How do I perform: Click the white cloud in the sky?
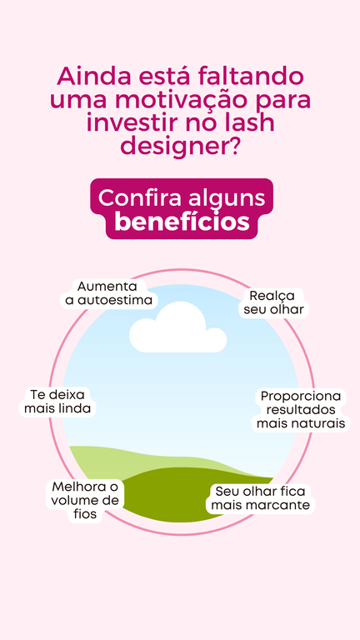[x=178, y=328]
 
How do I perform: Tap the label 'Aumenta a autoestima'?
[x=108, y=293]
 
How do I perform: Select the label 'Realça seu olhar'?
[x=274, y=302]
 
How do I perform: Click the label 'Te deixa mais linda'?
[x=57, y=402]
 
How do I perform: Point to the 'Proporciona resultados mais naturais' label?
[x=301, y=410]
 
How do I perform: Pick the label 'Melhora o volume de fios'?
[x=85, y=500]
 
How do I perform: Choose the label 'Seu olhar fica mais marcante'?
[x=260, y=498]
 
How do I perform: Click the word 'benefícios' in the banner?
[x=182, y=222]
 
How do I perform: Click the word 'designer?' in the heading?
[x=180, y=145]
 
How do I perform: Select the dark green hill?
[x=192, y=494]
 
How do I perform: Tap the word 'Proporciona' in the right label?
[x=301, y=396]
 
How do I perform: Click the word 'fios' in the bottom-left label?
[x=85, y=514]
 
